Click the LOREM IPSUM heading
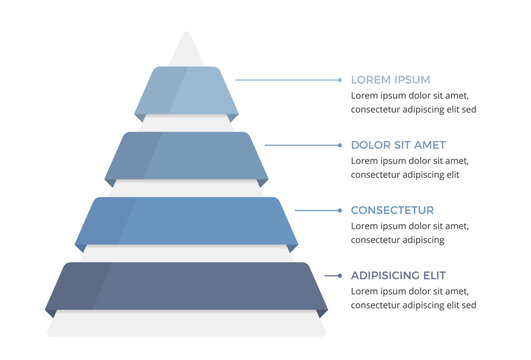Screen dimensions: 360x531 [x=391, y=79]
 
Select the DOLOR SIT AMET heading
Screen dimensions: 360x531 [x=398, y=145]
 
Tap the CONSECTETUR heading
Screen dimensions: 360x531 [x=392, y=210]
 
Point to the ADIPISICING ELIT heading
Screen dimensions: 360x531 [x=398, y=275]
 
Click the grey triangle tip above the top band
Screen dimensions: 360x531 [x=184, y=50]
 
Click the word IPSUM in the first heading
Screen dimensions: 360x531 [x=412, y=79]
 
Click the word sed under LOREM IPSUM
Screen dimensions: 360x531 [x=468, y=109]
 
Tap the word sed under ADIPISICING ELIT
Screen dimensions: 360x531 [x=468, y=305]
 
